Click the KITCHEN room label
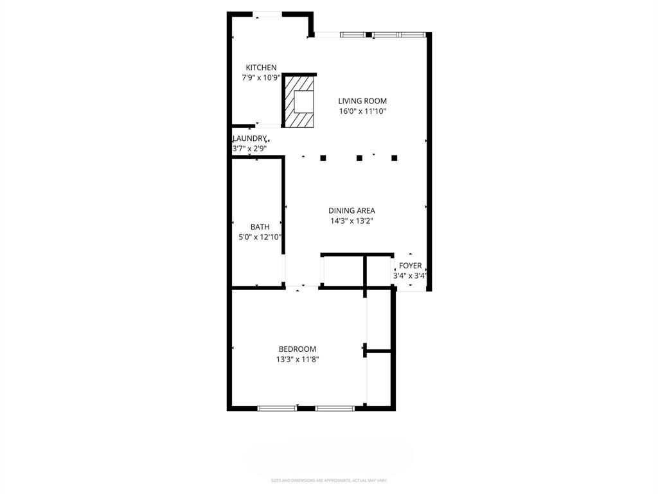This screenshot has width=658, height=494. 261,68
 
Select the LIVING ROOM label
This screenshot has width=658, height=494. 362,101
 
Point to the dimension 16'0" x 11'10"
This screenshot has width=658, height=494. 362,111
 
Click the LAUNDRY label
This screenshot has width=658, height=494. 249,138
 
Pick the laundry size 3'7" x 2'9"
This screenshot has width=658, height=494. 249,149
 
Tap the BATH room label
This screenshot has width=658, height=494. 260,226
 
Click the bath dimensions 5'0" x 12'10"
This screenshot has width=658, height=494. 260,237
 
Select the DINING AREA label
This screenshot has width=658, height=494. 351,210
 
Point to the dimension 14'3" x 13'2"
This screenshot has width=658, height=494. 351,221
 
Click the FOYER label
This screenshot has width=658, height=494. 410,266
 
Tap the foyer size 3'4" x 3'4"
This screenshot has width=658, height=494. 410,276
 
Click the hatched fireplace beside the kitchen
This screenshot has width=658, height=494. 299,101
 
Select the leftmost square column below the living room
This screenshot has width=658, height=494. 323,158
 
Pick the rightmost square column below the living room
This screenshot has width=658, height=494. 395,158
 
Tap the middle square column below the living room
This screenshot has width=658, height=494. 359,158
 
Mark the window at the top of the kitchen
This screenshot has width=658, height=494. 266,13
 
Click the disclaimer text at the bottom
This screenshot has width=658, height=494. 328,480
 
